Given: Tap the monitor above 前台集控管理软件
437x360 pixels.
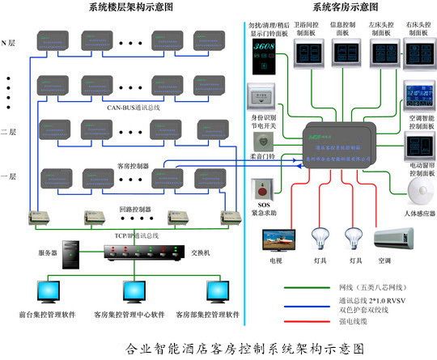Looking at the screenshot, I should (x=45, y=291).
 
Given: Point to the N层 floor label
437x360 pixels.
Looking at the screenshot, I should (x=10, y=41).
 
